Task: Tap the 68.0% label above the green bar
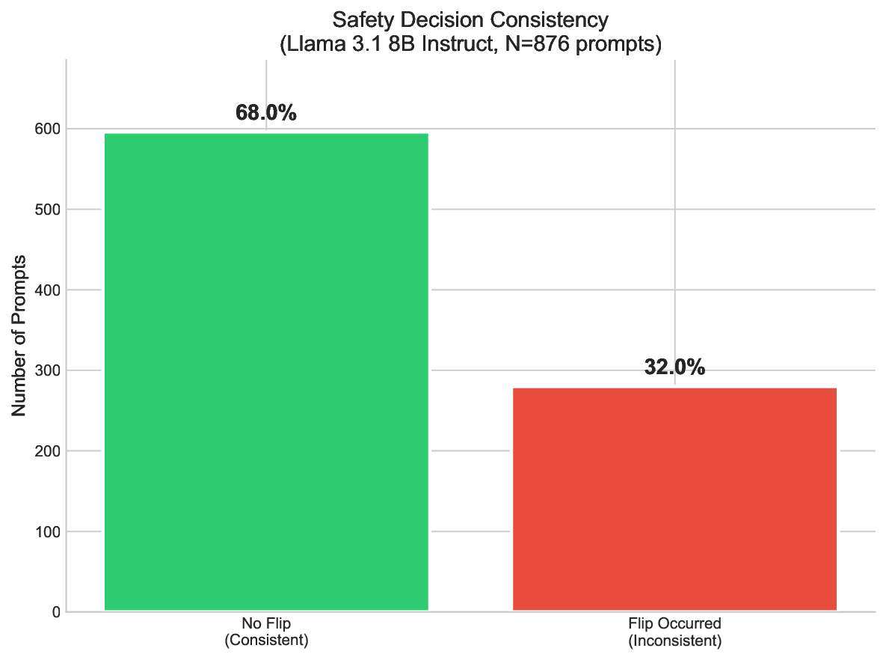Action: pyautogui.click(x=266, y=113)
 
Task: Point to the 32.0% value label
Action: pyautogui.click(x=674, y=367)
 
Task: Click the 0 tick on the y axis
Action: pyautogui.click(x=55, y=612)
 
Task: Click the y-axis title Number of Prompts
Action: pyautogui.click(x=20, y=336)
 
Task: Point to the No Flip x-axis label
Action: pyautogui.click(x=266, y=623)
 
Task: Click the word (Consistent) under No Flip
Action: pyautogui.click(x=266, y=641)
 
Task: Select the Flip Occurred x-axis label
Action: pyautogui.click(x=674, y=623)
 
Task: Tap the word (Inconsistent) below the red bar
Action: pyautogui.click(x=674, y=641)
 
